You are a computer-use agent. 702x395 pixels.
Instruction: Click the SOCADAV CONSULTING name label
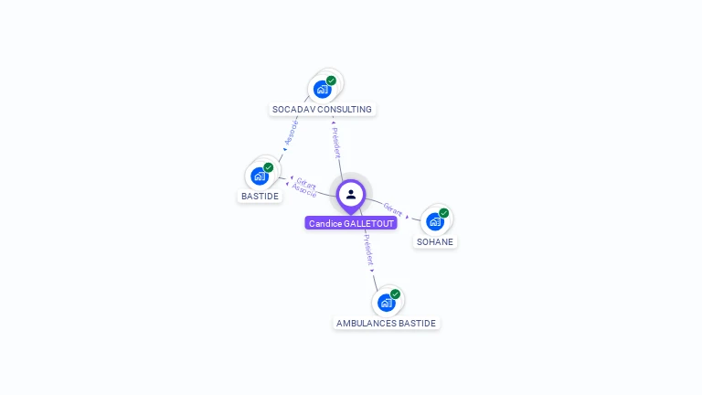pos(322,110)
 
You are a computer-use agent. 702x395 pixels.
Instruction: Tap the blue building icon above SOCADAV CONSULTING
pos(322,89)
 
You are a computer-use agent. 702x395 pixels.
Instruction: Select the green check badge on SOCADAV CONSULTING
pos(331,80)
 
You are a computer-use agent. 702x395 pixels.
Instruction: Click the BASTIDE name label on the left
pos(260,197)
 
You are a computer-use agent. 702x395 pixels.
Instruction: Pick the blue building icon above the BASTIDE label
pos(260,176)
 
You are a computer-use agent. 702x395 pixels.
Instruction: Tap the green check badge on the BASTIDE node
pos(269,167)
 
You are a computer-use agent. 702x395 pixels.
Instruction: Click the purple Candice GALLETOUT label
pos(351,223)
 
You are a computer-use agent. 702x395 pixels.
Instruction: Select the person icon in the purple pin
pos(351,194)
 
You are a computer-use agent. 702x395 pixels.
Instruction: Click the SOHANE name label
pos(435,242)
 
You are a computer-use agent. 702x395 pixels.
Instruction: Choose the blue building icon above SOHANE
pos(435,221)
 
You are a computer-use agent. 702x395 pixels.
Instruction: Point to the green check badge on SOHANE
pos(444,213)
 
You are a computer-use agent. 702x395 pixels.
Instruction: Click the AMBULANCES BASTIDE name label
pos(387,324)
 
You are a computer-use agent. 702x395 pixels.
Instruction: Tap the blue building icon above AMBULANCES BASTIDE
pos(387,302)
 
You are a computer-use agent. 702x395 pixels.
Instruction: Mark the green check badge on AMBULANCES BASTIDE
pos(396,294)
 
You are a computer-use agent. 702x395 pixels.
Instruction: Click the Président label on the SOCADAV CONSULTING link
pos(336,143)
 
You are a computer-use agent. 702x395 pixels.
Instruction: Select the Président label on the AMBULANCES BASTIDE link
pos(367,250)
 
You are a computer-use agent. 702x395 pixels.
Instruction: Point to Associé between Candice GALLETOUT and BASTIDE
pos(303,191)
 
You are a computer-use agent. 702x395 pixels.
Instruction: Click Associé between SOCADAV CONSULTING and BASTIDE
pos(292,133)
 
